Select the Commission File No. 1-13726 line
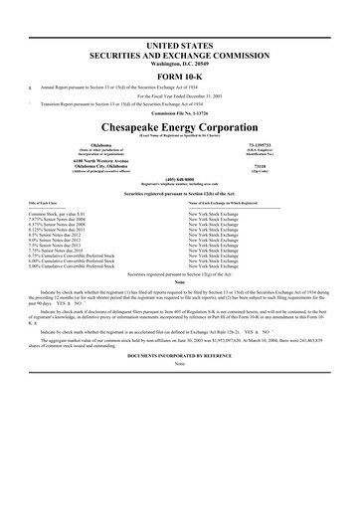180,127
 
